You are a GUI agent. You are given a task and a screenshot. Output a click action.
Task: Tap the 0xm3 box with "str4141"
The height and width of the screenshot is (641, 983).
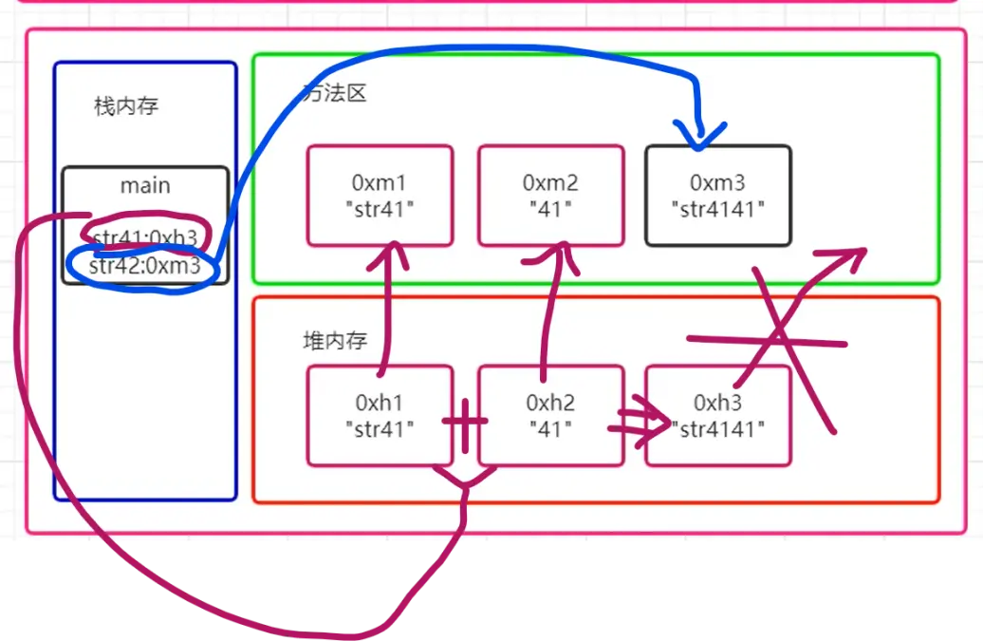click(717, 195)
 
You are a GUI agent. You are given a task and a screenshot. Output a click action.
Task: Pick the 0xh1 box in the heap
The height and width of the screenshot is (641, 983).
click(380, 416)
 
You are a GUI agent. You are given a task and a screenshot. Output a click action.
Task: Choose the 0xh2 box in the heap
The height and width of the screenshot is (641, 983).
click(550, 416)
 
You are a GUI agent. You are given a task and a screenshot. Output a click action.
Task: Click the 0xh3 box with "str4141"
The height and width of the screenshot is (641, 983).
click(718, 416)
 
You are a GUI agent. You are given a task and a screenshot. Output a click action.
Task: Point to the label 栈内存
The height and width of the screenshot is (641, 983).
click(126, 106)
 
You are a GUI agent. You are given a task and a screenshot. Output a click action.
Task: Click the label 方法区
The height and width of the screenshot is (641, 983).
click(333, 93)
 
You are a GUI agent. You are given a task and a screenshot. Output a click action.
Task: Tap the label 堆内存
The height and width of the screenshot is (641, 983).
click(335, 341)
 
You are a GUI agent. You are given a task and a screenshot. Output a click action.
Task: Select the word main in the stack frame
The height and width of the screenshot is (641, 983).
click(145, 185)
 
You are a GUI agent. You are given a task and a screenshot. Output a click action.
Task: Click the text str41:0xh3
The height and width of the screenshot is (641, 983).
click(144, 236)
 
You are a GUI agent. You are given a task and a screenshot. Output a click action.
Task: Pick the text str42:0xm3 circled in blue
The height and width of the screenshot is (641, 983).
click(144, 267)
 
